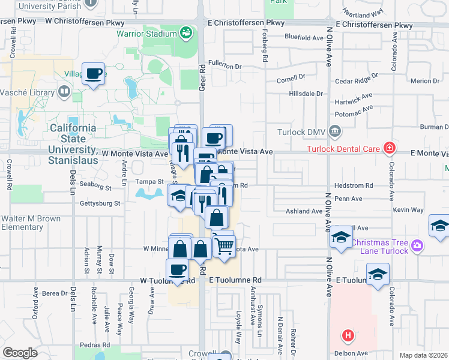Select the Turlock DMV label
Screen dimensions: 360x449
[301, 132]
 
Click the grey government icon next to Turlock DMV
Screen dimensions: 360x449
[335, 130]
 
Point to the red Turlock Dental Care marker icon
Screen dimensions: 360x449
[390, 148]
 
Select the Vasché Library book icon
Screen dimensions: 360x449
[64, 92]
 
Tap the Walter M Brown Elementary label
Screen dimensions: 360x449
[31, 223]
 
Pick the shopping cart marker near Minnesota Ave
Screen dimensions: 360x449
[224, 245]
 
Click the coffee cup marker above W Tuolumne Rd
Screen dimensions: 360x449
[178, 269]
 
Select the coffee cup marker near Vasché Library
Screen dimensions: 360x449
[93, 74]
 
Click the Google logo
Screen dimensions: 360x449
[20, 353]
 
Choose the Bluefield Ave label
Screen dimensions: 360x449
[304, 37]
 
